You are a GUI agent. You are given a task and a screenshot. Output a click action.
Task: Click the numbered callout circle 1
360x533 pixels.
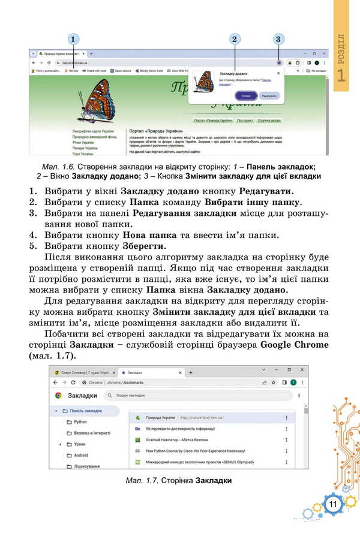point(73,40)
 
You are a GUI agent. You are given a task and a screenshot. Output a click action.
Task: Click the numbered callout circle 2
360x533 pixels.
point(235,40)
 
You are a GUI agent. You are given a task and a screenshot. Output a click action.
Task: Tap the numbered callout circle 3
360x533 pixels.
point(278,40)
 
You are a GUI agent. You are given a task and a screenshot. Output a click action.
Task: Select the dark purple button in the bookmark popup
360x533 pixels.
point(246,95)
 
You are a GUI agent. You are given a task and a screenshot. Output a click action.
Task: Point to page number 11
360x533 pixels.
point(332,504)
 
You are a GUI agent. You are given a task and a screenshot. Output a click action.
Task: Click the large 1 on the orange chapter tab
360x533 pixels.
point(341,76)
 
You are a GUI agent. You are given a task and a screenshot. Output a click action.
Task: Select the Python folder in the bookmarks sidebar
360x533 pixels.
point(80,422)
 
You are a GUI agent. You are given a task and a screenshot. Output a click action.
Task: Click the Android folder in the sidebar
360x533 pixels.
point(81,455)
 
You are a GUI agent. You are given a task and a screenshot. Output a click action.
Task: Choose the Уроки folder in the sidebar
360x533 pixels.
point(79,444)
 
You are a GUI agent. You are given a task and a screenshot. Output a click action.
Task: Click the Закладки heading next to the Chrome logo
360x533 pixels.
point(82,396)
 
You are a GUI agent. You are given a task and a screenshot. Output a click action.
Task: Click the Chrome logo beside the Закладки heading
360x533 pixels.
point(58,396)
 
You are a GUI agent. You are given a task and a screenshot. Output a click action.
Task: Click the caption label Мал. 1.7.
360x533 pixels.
point(142,480)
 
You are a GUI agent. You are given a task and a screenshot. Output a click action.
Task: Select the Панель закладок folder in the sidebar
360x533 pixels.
point(86,411)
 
